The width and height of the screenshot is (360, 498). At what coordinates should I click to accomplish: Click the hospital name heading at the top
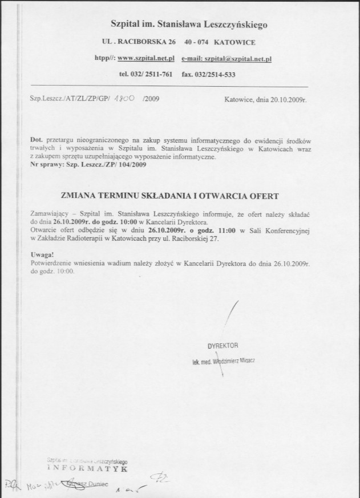click(188, 25)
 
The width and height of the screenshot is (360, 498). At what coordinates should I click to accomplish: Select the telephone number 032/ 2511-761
click(155, 74)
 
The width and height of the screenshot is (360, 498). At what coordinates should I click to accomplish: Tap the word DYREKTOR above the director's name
click(223, 346)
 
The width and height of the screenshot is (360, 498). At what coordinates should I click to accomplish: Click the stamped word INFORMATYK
click(84, 468)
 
